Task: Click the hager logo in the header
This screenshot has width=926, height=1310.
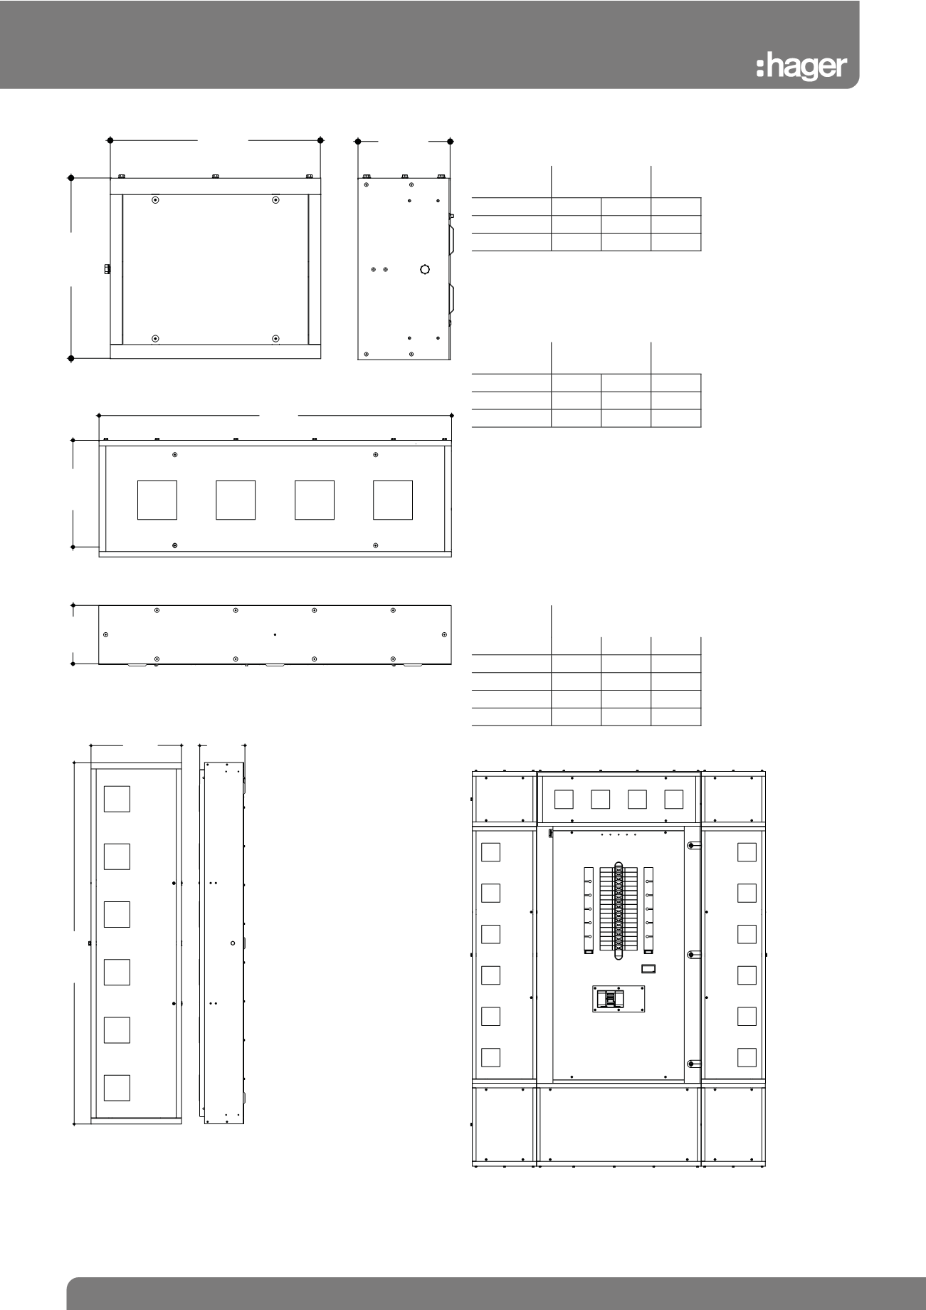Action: (801, 68)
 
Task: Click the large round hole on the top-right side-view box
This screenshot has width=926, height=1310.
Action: (425, 270)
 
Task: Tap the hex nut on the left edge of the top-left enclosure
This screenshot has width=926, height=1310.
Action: (107, 268)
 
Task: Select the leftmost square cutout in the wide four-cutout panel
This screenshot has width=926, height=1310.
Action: (157, 500)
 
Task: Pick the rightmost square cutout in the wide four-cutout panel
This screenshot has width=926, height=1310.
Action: (392, 500)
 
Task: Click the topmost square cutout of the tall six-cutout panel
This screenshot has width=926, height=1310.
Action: (117, 799)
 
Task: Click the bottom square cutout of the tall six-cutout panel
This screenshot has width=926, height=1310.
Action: (117, 1088)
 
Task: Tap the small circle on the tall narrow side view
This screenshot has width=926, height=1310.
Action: (233, 943)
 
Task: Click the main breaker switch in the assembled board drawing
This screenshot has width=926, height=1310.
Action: (611, 999)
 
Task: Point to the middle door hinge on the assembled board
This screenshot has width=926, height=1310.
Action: (692, 954)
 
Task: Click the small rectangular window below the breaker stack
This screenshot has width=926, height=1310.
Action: (648, 968)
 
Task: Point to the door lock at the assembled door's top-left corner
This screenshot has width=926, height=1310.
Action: (551, 832)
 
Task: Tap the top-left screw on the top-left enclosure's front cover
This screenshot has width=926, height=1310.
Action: (156, 200)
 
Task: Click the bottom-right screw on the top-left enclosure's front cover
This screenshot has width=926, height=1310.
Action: (276, 338)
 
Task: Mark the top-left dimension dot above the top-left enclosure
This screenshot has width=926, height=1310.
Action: (110, 140)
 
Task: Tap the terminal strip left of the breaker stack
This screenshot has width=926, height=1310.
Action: (588, 910)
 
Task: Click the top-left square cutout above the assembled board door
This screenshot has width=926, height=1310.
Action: (564, 799)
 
